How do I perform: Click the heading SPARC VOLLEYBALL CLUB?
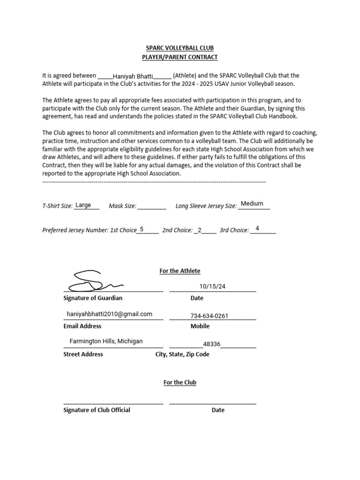tap(180, 48)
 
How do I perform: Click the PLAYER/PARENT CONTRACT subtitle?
tap(180, 57)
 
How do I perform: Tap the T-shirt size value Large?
tap(83, 205)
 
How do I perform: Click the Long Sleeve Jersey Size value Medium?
tap(252, 203)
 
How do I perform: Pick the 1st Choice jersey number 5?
tap(142, 229)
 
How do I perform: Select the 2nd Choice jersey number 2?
tap(200, 230)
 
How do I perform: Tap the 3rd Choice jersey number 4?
tap(257, 228)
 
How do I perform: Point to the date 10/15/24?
tap(209, 286)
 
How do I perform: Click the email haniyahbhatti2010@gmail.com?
tap(110, 314)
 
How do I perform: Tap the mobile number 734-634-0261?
tap(209, 316)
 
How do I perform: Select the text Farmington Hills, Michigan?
tap(106, 341)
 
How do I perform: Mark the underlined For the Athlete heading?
tap(180, 271)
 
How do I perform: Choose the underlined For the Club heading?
tap(180, 382)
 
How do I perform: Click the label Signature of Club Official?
tap(97, 410)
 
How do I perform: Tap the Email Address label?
tap(82, 326)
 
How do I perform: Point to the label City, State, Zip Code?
tap(182, 354)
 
